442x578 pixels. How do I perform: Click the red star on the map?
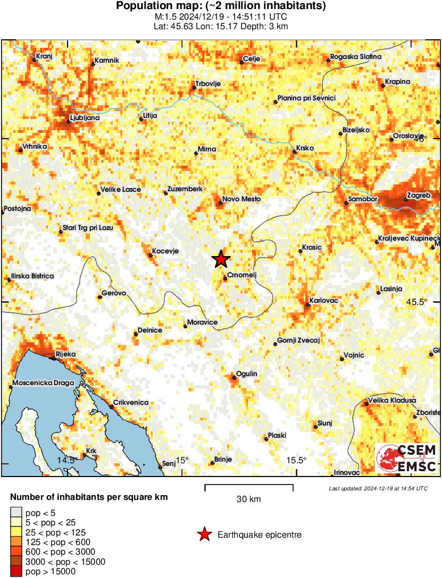tap(221, 259)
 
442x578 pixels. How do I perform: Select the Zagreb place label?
tap(418, 195)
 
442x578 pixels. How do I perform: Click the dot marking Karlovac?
tap(308, 305)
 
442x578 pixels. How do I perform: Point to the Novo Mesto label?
tap(241, 199)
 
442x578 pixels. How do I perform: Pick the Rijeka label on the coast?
tap(65, 354)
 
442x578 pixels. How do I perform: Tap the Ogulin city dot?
tap(234, 378)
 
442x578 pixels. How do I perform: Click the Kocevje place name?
tap(165, 251)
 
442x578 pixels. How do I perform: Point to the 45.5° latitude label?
tap(416, 302)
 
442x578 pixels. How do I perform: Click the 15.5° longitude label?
tap(296, 460)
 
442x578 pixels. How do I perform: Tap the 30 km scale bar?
tap(249, 486)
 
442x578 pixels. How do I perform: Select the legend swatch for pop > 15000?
tap(16, 571)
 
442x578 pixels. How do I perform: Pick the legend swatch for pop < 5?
tap(16, 513)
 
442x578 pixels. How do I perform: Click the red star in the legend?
tap(204, 534)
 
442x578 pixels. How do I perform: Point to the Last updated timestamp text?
tap(378, 488)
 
